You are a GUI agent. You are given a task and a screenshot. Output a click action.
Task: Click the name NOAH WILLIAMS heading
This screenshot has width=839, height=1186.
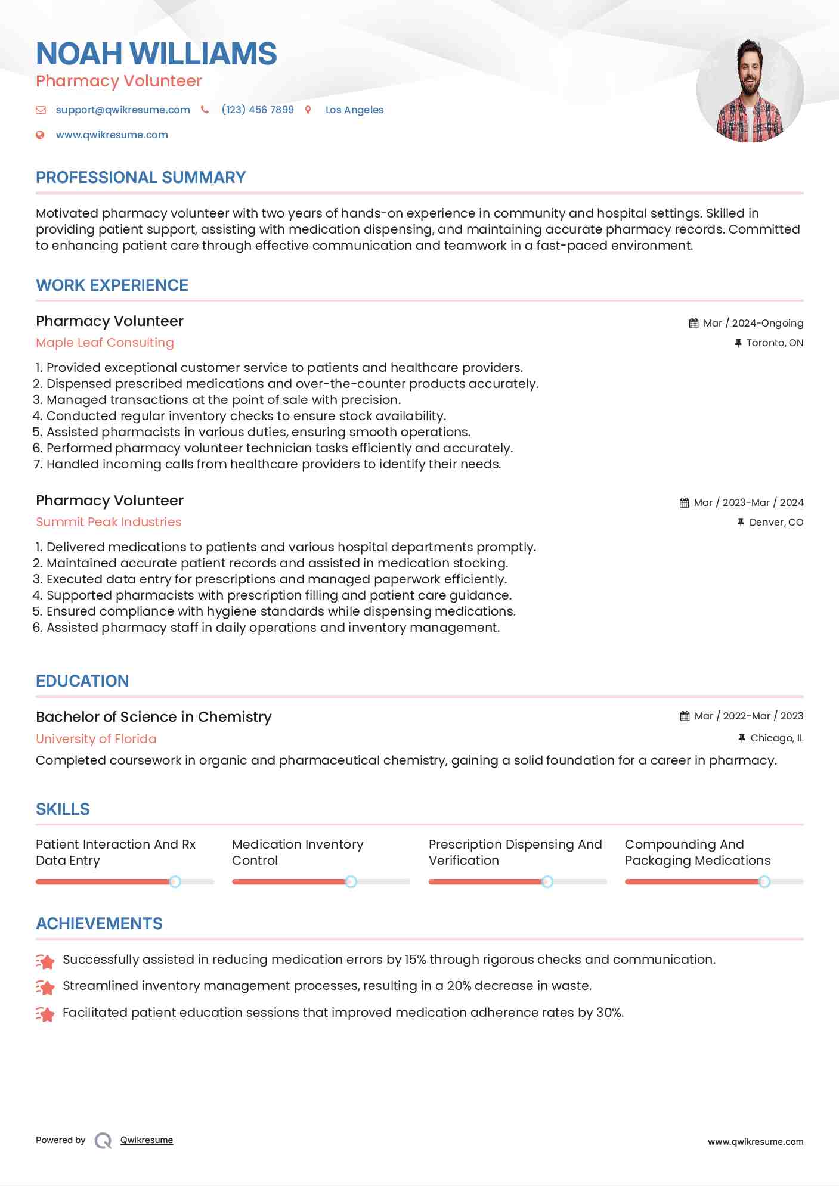[x=156, y=54]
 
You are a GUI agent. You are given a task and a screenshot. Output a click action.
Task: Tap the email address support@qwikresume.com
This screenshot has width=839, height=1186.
[x=123, y=110]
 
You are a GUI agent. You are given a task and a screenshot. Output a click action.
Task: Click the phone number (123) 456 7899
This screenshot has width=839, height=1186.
[x=258, y=110]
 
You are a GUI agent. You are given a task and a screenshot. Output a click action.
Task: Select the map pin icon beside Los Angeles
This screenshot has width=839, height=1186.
[x=308, y=110]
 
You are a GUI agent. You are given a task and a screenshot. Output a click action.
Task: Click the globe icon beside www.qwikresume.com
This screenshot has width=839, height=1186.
[x=40, y=135]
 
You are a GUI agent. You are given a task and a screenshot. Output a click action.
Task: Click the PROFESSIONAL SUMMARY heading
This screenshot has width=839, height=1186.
[x=141, y=178]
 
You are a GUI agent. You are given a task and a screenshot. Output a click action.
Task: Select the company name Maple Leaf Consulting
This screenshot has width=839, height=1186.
[x=105, y=343]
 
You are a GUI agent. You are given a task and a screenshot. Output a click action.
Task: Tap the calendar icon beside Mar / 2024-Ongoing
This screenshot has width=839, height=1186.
[x=694, y=323]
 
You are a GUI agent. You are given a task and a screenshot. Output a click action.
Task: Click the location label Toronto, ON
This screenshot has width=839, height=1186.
[x=775, y=343]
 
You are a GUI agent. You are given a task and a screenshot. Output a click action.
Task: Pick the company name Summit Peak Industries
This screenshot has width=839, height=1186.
[x=109, y=522]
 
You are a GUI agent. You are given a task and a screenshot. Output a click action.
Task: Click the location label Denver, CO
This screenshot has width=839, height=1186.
[x=776, y=522]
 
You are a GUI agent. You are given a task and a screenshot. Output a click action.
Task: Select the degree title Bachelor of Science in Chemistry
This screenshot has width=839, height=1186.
[x=154, y=717]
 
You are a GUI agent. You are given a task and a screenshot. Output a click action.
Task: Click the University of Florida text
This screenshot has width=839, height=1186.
[x=96, y=739]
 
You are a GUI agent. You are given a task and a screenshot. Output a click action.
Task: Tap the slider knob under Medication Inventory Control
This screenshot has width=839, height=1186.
[x=351, y=881]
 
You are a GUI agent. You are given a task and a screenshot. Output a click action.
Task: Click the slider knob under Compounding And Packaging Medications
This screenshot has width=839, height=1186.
[x=764, y=881]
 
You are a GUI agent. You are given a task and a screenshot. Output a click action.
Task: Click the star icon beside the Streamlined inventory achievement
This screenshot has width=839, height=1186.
[x=45, y=987]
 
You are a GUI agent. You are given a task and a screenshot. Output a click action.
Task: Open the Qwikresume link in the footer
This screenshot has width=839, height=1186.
[x=147, y=1140]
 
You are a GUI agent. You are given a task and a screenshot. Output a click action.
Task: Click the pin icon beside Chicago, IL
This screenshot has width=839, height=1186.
[x=742, y=738]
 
